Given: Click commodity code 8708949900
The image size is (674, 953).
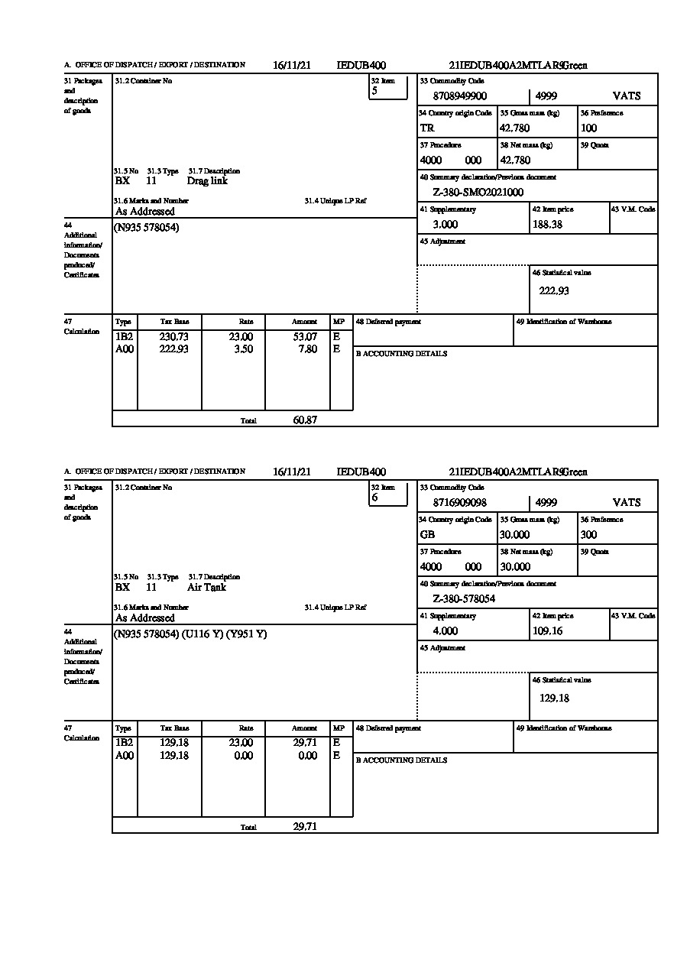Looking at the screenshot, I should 459,96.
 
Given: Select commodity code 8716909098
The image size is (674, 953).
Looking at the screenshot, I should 459,503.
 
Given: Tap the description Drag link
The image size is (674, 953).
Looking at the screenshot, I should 207,181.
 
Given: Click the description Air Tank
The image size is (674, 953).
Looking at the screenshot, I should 206,588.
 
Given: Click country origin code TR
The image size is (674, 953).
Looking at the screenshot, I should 427,128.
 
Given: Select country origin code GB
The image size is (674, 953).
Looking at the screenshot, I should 427,535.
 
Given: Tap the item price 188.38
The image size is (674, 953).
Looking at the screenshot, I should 548,225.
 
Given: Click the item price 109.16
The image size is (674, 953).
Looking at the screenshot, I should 548,631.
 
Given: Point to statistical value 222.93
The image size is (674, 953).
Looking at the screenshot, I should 554,290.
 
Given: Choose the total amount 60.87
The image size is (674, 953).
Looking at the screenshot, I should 305,420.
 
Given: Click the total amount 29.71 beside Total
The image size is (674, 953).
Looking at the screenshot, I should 305,826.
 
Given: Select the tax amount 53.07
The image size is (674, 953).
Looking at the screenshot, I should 305,336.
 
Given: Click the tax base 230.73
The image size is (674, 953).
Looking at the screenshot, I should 173,336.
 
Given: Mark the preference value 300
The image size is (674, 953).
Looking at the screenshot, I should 588,535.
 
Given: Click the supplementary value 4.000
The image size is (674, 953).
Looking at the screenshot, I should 446,631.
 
